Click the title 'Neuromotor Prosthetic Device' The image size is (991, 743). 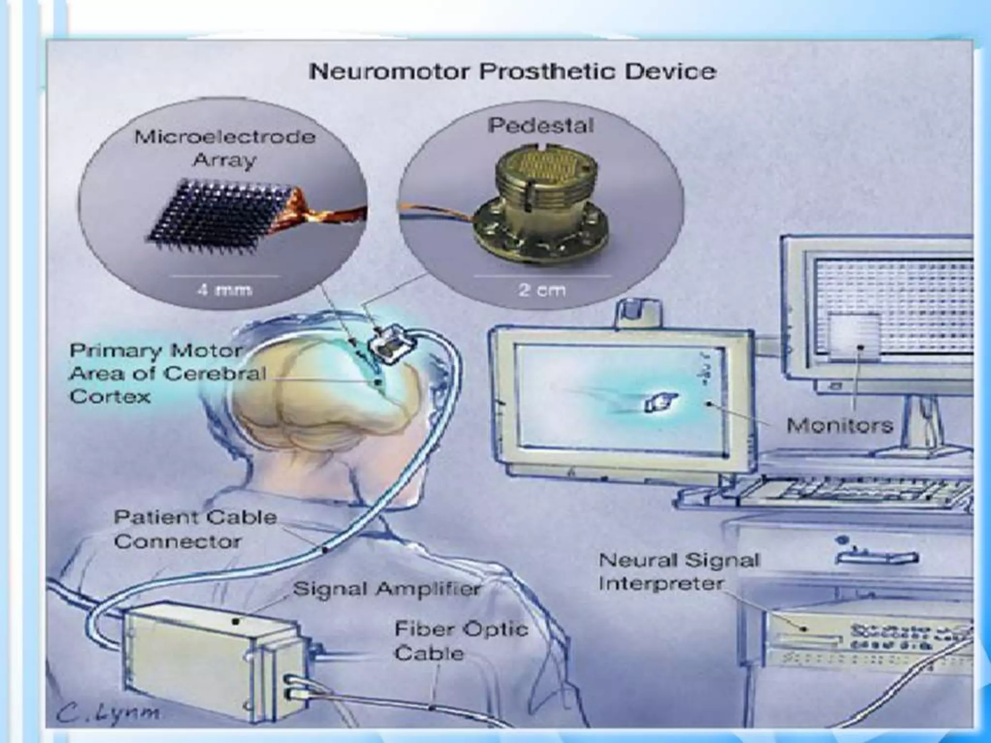(512, 72)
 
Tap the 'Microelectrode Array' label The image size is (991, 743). (225, 148)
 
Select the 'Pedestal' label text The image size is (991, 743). (541, 126)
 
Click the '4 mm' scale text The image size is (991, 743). (224, 290)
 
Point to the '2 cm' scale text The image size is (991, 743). (541, 290)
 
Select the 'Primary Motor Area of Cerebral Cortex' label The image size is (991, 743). (167, 373)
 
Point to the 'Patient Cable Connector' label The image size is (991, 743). (195, 529)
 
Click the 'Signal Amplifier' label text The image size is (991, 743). (387, 589)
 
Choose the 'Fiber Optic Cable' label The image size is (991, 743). (460, 641)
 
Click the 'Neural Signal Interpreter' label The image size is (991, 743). (679, 572)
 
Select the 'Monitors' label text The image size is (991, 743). (839, 425)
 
